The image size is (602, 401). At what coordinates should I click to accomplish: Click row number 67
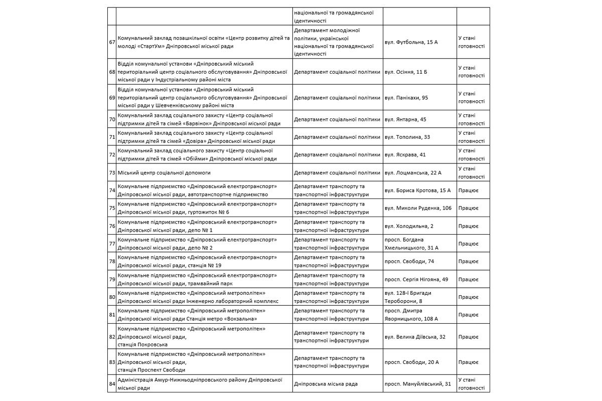click(x=112, y=42)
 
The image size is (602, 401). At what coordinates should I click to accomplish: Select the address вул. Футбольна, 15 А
click(x=411, y=42)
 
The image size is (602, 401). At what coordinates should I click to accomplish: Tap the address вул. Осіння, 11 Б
click(x=405, y=72)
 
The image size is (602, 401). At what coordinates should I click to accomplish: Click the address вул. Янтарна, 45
click(x=405, y=119)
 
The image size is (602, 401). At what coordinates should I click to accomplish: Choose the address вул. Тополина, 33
click(x=407, y=137)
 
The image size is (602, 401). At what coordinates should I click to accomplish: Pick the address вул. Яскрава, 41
click(x=404, y=154)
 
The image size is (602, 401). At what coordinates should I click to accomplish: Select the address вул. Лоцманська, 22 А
click(x=412, y=172)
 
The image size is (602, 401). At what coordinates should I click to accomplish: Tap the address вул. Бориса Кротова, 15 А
click(x=417, y=190)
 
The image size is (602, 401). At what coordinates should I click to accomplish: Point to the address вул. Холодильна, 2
click(x=408, y=226)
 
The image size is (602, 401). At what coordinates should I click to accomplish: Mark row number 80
click(x=112, y=297)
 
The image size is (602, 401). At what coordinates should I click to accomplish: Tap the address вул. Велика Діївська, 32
click(x=414, y=337)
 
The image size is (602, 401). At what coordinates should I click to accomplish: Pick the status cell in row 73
click(x=471, y=172)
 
